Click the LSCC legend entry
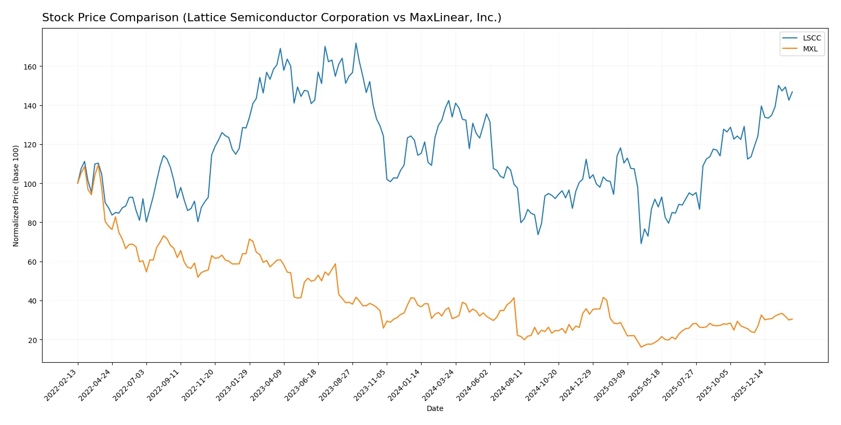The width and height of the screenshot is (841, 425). [x=811, y=38]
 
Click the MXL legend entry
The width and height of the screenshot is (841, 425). [x=810, y=49]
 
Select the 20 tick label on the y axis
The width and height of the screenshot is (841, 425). [x=32, y=340]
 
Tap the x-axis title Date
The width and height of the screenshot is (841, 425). [x=435, y=408]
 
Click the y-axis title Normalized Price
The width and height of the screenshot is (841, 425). [x=16, y=196]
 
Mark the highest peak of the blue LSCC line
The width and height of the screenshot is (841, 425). [x=356, y=43]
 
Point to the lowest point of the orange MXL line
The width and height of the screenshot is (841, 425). [x=641, y=347]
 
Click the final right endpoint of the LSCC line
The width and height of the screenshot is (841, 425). [x=792, y=92]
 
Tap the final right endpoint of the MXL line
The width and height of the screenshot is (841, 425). [x=792, y=319]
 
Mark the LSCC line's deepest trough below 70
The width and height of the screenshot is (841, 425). [x=641, y=243]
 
